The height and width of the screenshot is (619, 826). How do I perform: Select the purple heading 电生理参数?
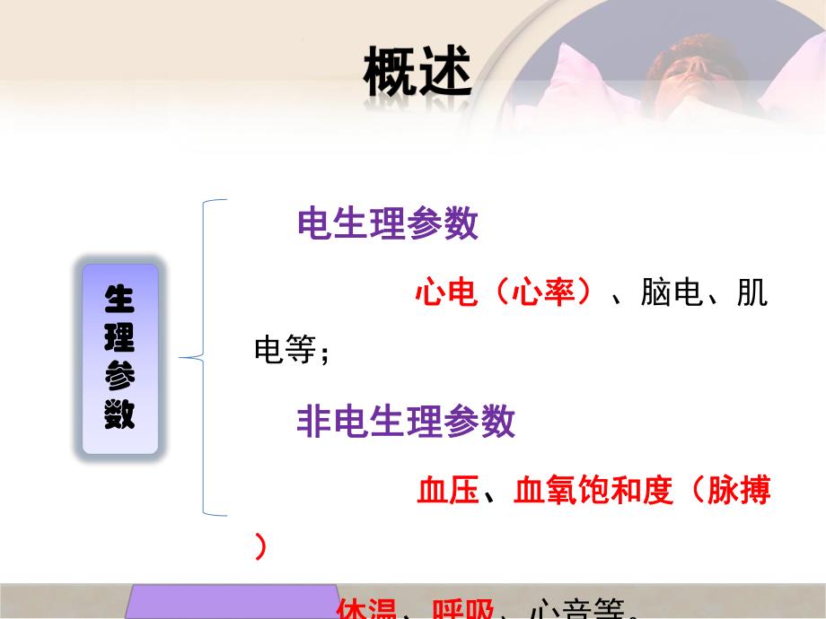pos(388,225)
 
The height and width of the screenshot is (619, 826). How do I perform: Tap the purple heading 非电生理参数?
pos(406,421)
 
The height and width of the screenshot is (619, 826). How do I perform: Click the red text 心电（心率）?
pos(504,293)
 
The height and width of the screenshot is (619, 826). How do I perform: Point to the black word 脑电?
pos(671,293)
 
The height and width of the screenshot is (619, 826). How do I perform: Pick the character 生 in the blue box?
pos(119,301)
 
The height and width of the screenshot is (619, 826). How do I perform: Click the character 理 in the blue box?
pos(119,338)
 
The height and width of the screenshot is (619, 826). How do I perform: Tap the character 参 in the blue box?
pos(119,377)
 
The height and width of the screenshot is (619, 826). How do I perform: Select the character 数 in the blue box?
pos(119,414)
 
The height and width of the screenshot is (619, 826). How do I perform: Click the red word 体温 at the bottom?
pos(366,609)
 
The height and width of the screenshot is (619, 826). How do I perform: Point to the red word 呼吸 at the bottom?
pos(463,609)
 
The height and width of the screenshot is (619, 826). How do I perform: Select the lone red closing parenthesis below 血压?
pos(260,546)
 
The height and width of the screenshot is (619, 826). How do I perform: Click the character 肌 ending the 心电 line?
pos(752,293)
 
